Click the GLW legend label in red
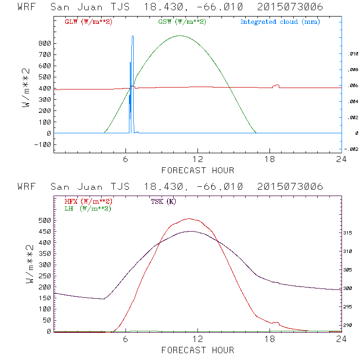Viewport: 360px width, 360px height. (88, 22)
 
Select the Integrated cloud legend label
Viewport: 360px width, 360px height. (280, 22)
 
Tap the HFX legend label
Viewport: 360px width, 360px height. (88, 201)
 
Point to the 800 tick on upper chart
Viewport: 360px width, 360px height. (45, 43)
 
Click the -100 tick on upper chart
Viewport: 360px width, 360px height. (43, 144)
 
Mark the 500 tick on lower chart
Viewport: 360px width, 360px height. (45, 220)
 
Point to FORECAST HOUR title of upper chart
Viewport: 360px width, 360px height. (198, 170)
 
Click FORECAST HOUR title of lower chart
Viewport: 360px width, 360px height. (198, 350)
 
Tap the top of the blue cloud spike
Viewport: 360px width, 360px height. (133, 36)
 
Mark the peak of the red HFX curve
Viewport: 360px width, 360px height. (189, 219)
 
